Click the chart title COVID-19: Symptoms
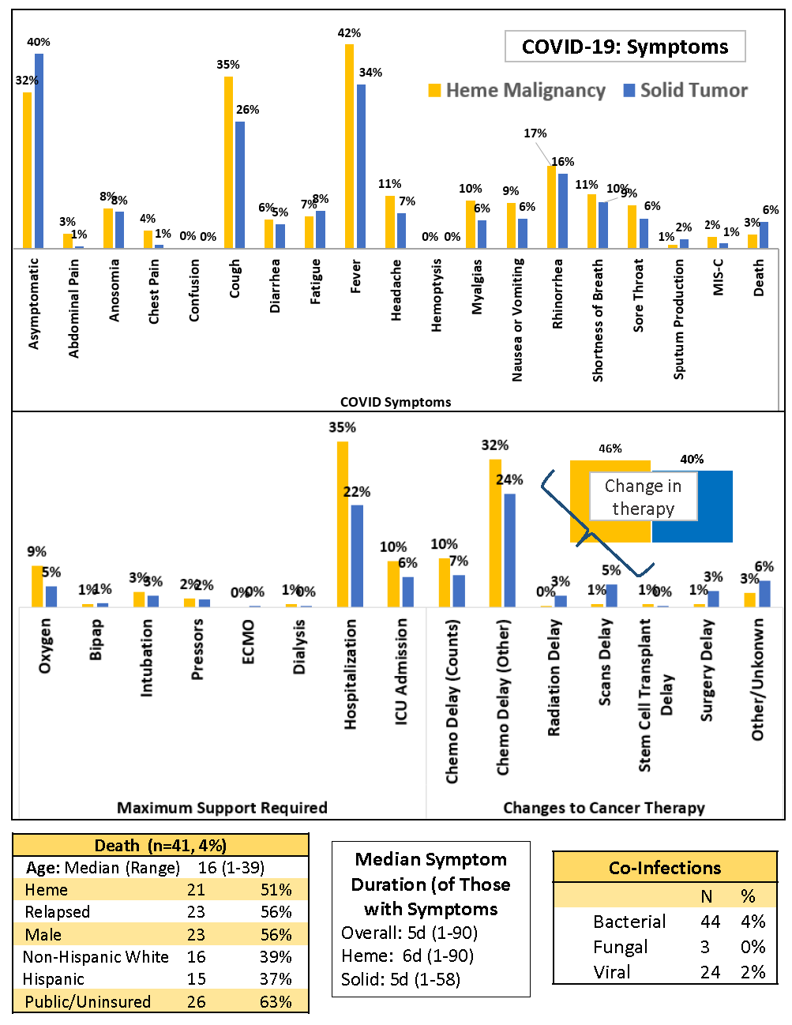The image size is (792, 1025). click(x=625, y=47)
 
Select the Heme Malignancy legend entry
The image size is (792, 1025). click(x=517, y=91)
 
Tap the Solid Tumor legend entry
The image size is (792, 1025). click(x=685, y=91)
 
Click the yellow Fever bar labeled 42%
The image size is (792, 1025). click(x=349, y=146)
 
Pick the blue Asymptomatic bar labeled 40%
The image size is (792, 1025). click(x=39, y=151)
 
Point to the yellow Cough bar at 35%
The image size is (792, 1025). click(x=228, y=163)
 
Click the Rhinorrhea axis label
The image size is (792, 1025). click(x=557, y=293)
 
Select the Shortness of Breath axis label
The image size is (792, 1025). click(x=598, y=321)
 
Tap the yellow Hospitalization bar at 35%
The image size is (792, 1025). click(x=343, y=524)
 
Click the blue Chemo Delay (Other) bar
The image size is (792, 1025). click(x=509, y=550)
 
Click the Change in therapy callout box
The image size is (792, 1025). click(x=643, y=497)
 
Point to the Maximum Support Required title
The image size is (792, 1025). click(x=222, y=808)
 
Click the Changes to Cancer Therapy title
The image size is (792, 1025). click(x=604, y=808)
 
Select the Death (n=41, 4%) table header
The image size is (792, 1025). click(x=160, y=846)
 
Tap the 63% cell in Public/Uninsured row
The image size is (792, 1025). click(x=276, y=1002)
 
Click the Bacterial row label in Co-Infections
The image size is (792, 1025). click(x=629, y=922)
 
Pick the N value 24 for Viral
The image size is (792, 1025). click(x=710, y=972)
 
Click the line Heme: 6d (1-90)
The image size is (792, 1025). click(x=407, y=956)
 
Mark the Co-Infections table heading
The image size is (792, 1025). click(x=665, y=868)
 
